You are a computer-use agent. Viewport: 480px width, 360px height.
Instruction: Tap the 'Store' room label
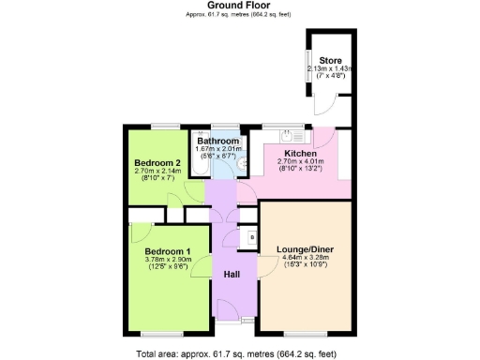329,61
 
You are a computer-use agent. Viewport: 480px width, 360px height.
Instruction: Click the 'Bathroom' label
217,142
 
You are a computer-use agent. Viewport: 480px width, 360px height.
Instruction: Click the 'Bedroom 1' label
167,251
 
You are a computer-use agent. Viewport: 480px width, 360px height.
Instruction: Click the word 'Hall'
231,274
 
